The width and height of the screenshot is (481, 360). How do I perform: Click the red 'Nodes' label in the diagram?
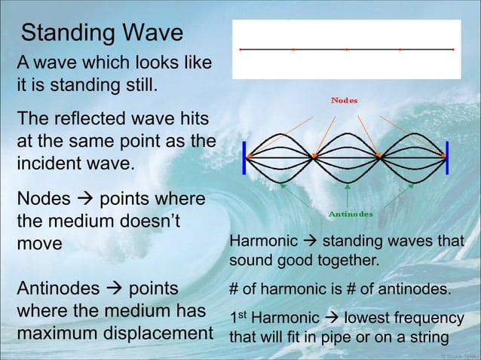tap(345, 100)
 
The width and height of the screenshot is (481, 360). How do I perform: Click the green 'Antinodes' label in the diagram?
tap(351, 214)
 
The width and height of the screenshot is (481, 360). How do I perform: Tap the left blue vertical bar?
tap(244, 157)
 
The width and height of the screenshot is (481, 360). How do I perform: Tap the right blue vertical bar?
tap(447, 157)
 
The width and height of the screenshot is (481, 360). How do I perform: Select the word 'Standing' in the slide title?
tap(66, 33)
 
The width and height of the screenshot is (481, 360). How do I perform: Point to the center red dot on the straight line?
tap(346, 50)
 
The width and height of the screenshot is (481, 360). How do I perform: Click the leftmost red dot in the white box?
tap(240, 50)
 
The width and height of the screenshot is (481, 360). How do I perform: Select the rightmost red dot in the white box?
tap(452, 50)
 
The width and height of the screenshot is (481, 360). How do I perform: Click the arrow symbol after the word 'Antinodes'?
tap(112, 290)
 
